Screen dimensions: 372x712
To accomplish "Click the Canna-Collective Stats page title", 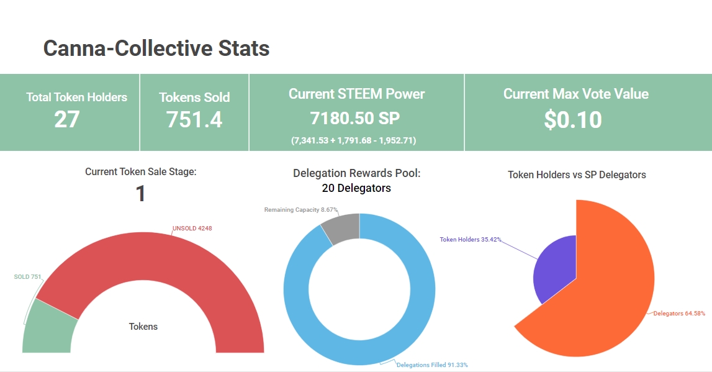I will point(156,48).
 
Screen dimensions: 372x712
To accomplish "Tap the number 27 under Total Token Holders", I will point(67,119).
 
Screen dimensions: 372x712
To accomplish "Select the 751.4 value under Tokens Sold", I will point(194,119).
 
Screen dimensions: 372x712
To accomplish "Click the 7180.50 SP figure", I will point(356,119).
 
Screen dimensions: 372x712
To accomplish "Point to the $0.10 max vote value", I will point(573,120).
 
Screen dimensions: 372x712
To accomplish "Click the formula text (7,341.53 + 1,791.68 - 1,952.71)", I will point(354,140).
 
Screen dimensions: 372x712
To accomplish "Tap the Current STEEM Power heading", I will point(357,94).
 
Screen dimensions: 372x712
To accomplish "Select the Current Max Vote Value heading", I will point(575,94).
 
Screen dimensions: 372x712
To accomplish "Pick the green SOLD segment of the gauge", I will point(47,326).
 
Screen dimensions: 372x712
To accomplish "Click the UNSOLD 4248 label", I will point(192,229).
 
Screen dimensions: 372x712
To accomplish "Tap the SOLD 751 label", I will point(27,277).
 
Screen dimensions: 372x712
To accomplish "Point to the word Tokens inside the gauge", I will point(143,327).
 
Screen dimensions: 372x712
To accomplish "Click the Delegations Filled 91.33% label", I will point(432,365).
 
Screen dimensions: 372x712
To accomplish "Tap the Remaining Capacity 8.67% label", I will point(301,210).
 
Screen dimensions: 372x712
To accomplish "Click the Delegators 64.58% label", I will point(679,314).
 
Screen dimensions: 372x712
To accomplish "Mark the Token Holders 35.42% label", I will point(471,239).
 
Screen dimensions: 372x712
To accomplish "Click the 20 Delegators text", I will point(356,188).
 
